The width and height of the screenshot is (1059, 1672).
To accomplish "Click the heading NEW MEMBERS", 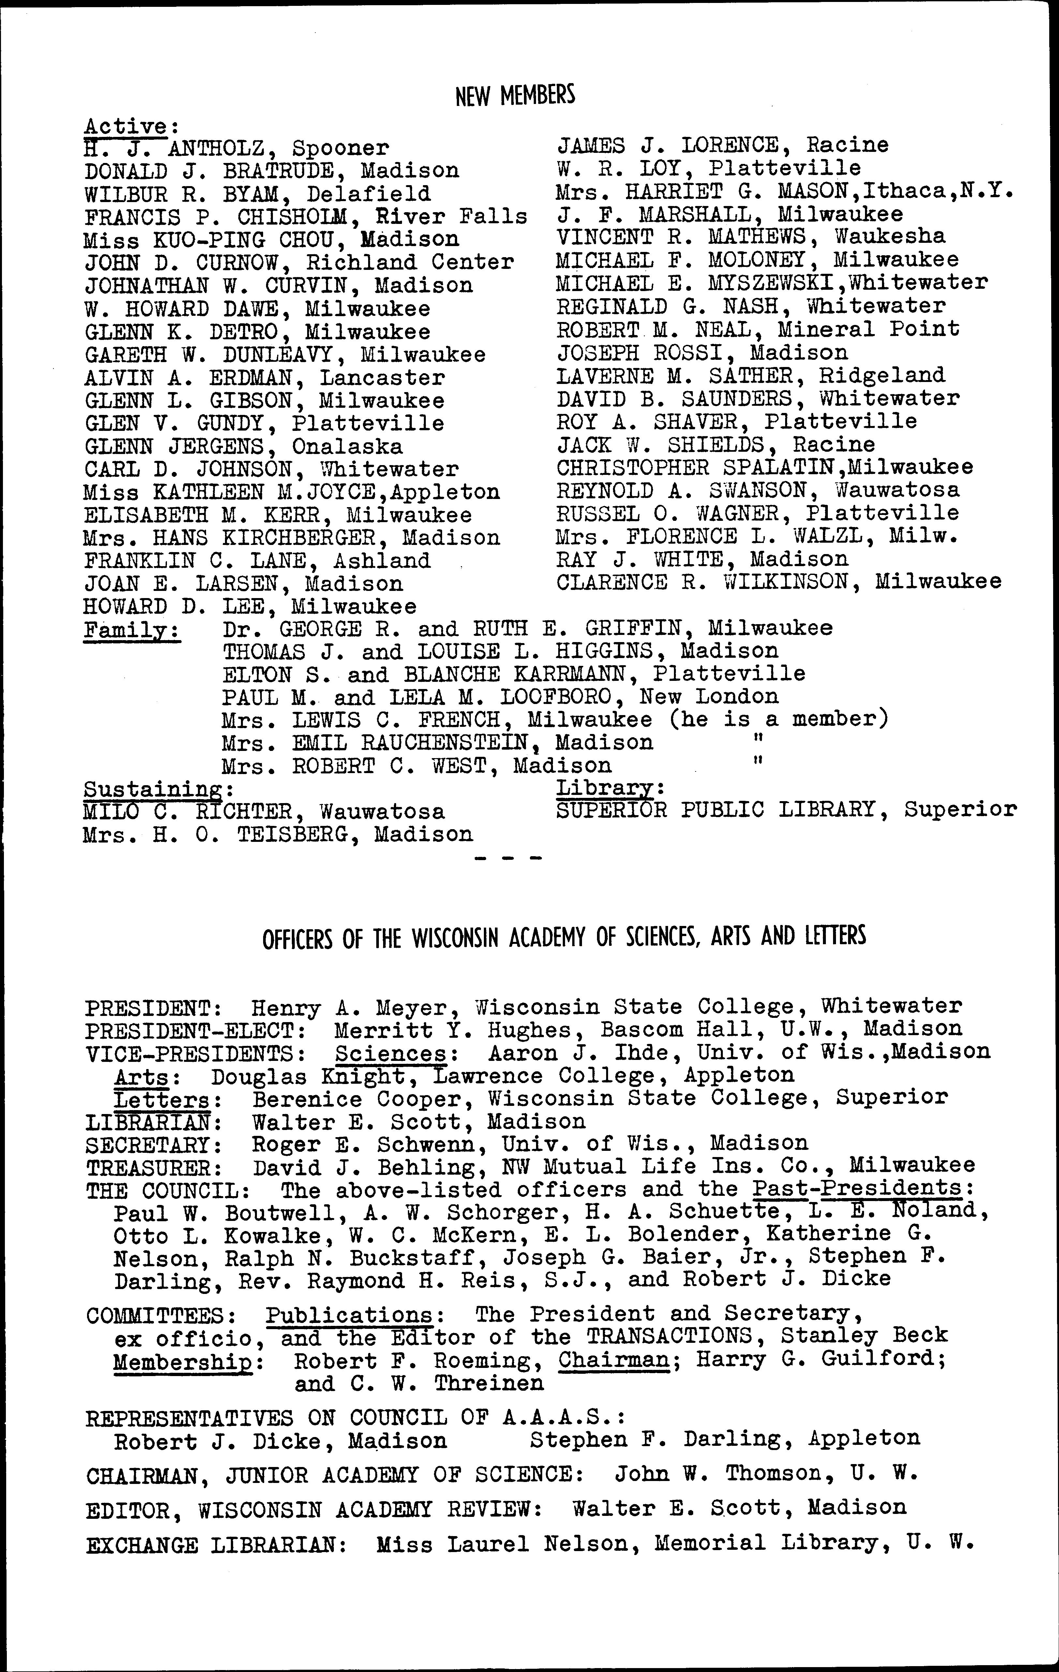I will click(x=515, y=95).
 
